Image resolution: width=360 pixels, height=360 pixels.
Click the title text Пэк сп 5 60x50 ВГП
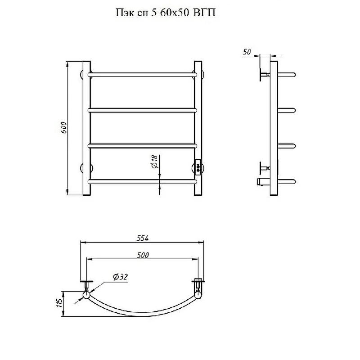(x=165, y=13)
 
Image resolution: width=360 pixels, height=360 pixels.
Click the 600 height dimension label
(x=63, y=128)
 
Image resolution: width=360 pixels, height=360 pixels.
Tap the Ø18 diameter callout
(x=155, y=162)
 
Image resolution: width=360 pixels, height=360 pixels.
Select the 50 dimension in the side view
(x=247, y=52)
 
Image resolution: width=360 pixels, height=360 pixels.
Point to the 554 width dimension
(x=143, y=238)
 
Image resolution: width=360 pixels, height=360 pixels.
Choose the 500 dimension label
(x=143, y=255)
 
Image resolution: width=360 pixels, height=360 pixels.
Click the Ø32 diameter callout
(x=120, y=277)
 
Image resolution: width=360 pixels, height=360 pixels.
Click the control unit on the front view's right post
(x=198, y=167)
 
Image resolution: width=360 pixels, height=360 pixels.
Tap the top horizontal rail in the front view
(x=142, y=75)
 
